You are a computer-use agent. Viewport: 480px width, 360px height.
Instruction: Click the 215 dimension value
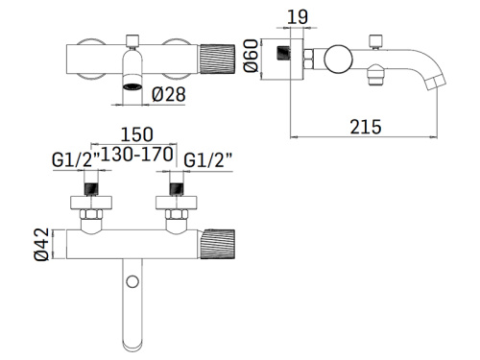coord(366,127)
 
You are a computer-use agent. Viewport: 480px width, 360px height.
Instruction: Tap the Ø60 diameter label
coord(251,56)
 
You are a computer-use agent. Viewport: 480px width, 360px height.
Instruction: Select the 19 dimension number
coord(298,17)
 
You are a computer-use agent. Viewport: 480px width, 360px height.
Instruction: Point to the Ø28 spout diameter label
coord(169,94)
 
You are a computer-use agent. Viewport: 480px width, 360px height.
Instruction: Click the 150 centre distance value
coord(136,134)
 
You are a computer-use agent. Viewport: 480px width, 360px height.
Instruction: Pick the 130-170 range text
coord(137,155)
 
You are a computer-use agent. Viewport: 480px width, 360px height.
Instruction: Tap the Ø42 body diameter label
coord(42,244)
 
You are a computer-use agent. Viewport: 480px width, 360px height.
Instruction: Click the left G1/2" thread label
coord(76,159)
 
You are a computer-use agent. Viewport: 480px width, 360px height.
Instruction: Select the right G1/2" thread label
coord(207,159)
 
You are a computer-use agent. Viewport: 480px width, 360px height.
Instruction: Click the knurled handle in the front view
coord(217,60)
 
